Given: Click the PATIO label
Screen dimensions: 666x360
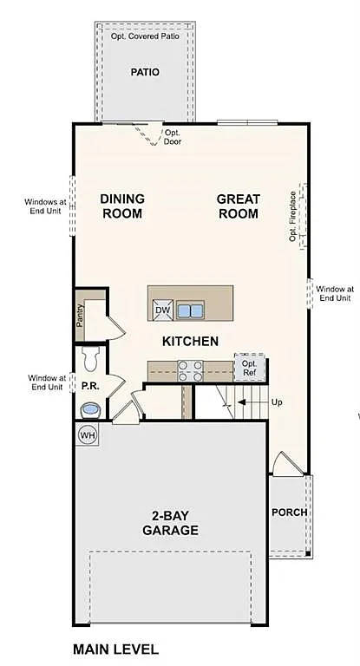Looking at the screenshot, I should coord(145,72).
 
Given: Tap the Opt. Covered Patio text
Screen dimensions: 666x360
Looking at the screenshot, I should coord(146,37).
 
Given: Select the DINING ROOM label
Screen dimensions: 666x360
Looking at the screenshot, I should coord(122,206).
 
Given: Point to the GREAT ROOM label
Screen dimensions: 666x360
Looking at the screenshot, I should coord(238,206).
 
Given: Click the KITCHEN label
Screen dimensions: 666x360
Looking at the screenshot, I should coord(190,341).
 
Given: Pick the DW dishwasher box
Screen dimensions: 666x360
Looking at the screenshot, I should coord(162,310).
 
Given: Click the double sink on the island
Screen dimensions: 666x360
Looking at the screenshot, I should coord(190,310).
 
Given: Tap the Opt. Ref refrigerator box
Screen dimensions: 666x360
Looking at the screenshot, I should coord(249,368).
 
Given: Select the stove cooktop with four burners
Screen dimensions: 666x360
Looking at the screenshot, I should coord(190,370).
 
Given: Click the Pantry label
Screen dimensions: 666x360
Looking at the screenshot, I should coord(80,317).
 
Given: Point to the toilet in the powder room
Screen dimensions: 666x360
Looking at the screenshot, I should coord(90,356).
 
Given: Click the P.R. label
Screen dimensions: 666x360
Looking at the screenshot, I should coord(89,384).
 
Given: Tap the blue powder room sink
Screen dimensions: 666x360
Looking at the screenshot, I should coord(89,409).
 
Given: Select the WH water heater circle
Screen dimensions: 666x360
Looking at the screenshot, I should coord(88,434).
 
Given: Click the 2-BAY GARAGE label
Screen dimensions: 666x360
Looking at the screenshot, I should coord(170,523).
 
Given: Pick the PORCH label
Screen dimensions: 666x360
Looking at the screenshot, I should coord(289,512).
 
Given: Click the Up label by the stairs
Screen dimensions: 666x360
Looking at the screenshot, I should coord(277,402).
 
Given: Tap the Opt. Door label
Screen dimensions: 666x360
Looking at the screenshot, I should coord(173,137).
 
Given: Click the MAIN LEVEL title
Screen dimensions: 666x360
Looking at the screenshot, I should coord(115,649).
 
